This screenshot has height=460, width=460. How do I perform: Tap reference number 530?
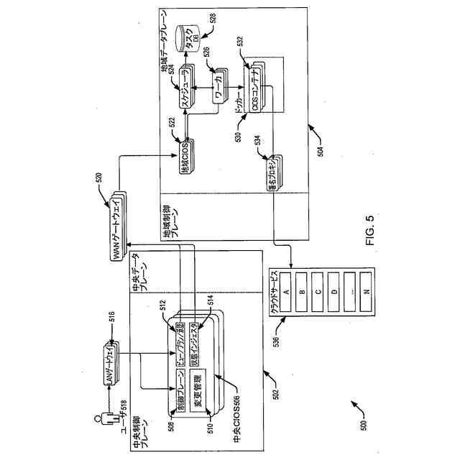click(x=239, y=135)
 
